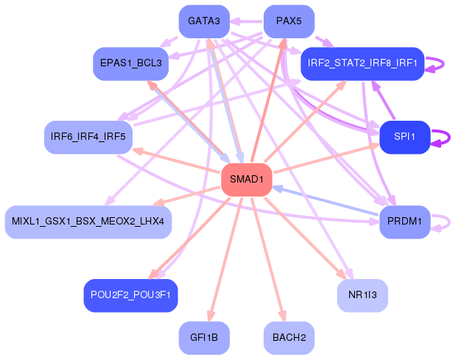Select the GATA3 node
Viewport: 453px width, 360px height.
coord(204,21)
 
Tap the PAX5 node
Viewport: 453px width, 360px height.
coord(289,21)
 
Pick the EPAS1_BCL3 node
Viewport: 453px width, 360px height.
coord(130,64)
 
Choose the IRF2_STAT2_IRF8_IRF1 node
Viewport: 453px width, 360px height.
coord(362,63)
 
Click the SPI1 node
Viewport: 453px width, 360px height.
coord(404,137)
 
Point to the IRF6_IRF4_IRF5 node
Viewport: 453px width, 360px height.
coord(88,137)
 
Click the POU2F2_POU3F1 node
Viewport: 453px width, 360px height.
coord(130,295)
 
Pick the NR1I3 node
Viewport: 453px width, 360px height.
coord(362,295)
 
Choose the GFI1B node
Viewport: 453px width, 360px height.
coord(204,339)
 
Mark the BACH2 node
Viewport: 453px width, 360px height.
coord(289,339)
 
